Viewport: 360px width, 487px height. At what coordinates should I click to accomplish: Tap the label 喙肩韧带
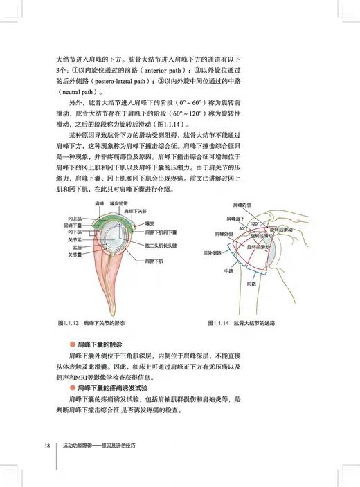tap(128, 203)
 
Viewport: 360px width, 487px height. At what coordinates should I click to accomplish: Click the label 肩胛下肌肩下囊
tap(161, 233)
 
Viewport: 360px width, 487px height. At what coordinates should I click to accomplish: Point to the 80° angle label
tap(242, 228)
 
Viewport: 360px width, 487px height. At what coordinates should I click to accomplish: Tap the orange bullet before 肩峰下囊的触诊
tap(72, 344)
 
